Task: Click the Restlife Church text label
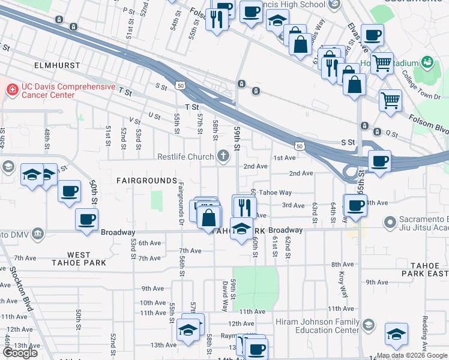[x=185, y=157]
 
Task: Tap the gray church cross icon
[x=223, y=157]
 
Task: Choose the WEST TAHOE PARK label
[x=79, y=259]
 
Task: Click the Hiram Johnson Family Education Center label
[x=317, y=326]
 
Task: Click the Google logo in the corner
[x=20, y=353]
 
